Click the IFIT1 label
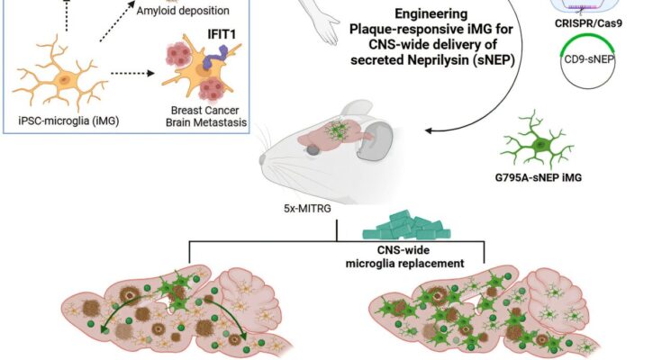click(x=222, y=34)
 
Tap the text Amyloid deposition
click(x=182, y=11)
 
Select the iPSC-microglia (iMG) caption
click(x=68, y=121)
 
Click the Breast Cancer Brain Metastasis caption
click(x=205, y=116)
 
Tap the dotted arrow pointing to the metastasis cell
click(x=132, y=74)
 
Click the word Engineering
click(x=431, y=13)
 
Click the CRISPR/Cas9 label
click(x=588, y=23)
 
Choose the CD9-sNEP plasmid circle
click(x=587, y=62)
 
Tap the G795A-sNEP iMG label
click(x=539, y=177)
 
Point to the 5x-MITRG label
click(x=307, y=209)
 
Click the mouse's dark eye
click(x=313, y=149)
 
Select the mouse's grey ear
click(x=375, y=140)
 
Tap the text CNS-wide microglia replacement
click(x=404, y=256)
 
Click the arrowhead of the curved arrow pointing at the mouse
click(x=428, y=130)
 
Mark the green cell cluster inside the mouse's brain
click(x=338, y=130)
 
